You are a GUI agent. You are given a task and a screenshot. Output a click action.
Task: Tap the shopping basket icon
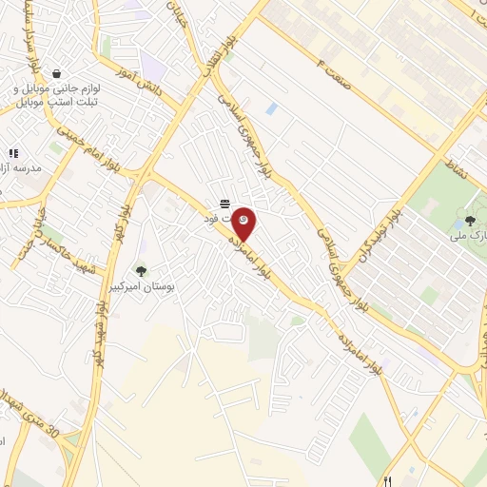57,73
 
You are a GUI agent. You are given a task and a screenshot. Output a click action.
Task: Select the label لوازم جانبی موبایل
56,88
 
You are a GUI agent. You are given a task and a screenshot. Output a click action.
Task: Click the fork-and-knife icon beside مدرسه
13,152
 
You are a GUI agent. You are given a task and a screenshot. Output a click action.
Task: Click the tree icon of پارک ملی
470,221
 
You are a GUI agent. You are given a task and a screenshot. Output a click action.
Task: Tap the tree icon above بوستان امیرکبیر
142,271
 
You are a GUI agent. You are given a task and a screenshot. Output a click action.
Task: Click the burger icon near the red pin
224,204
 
